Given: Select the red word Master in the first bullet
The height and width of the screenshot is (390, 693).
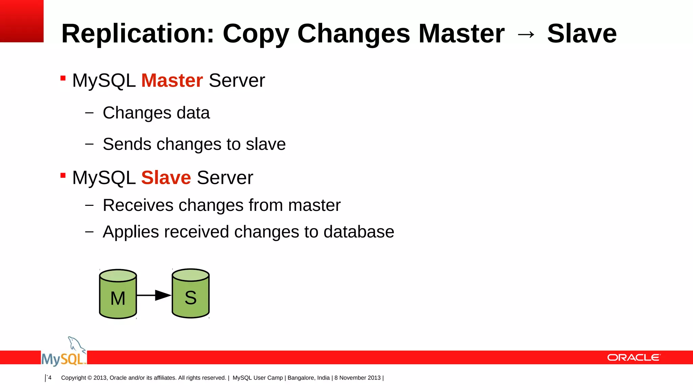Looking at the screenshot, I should point(172,81).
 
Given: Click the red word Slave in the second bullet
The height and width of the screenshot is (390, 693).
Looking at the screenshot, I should point(166,178).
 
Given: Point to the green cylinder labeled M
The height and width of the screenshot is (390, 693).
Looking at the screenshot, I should point(118,294).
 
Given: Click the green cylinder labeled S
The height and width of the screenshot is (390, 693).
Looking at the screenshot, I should point(191,294).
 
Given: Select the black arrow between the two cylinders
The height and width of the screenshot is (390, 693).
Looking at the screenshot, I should point(154,295).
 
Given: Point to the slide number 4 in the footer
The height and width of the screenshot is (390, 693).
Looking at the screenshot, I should point(50,377).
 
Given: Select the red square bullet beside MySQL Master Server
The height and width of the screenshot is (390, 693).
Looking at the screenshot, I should point(63,79).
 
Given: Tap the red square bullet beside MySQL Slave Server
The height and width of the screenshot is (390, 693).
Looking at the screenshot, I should point(63,175).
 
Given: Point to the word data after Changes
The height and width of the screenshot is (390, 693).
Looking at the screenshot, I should point(193,113).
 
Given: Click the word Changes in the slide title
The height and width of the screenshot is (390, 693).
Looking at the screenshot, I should point(353,34).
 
